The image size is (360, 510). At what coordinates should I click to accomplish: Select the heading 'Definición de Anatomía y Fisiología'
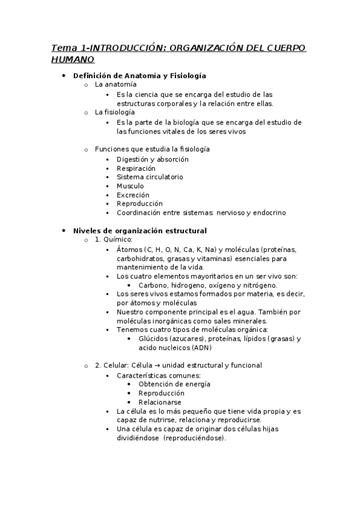click(139, 76)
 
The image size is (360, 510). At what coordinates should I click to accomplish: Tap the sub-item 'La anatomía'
click(115, 85)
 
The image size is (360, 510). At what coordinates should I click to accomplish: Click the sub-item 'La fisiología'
click(115, 112)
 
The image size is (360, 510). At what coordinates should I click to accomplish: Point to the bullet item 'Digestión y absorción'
click(153, 159)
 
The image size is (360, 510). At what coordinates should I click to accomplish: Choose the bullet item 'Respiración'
click(136, 168)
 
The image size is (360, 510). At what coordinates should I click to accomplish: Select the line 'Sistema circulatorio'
click(150, 177)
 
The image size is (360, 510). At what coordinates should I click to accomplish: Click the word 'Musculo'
click(130, 186)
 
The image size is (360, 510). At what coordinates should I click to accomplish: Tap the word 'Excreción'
click(133, 195)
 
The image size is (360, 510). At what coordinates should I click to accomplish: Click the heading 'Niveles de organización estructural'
click(139, 230)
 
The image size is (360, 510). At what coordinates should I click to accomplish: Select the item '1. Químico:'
click(114, 239)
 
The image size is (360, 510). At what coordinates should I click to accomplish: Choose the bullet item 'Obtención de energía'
click(174, 384)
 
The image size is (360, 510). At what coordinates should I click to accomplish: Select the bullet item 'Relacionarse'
click(160, 402)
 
